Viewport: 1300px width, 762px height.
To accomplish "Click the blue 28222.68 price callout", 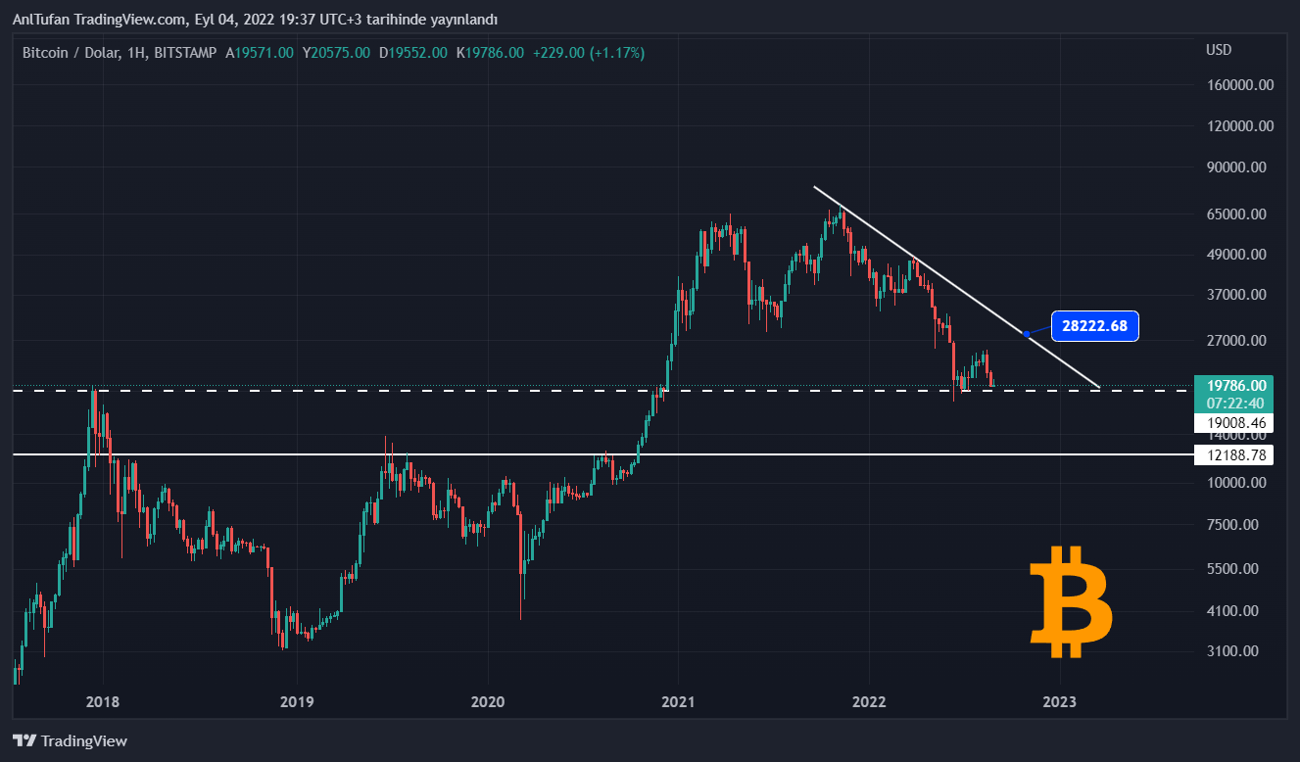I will [1094, 326].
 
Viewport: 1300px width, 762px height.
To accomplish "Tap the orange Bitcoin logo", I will [1071, 602].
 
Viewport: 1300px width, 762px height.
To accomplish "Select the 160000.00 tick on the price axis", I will [1239, 85].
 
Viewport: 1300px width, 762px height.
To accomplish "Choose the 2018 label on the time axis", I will [103, 702].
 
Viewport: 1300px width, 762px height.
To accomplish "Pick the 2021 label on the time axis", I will [678, 702].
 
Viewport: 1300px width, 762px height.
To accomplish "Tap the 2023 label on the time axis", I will [1060, 702].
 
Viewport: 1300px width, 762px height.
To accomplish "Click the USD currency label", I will [1219, 50].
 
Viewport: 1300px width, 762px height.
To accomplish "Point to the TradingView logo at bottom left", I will [70, 741].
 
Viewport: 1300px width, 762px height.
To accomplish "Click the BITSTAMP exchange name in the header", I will [185, 53].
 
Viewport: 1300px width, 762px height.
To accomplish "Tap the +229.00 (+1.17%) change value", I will [588, 53].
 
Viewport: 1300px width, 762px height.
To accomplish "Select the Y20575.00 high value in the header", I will [336, 53].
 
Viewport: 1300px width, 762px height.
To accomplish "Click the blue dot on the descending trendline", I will [1026, 334].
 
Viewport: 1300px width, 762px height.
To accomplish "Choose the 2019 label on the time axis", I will [296, 702].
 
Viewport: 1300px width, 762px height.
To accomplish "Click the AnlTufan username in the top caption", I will [42, 19].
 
